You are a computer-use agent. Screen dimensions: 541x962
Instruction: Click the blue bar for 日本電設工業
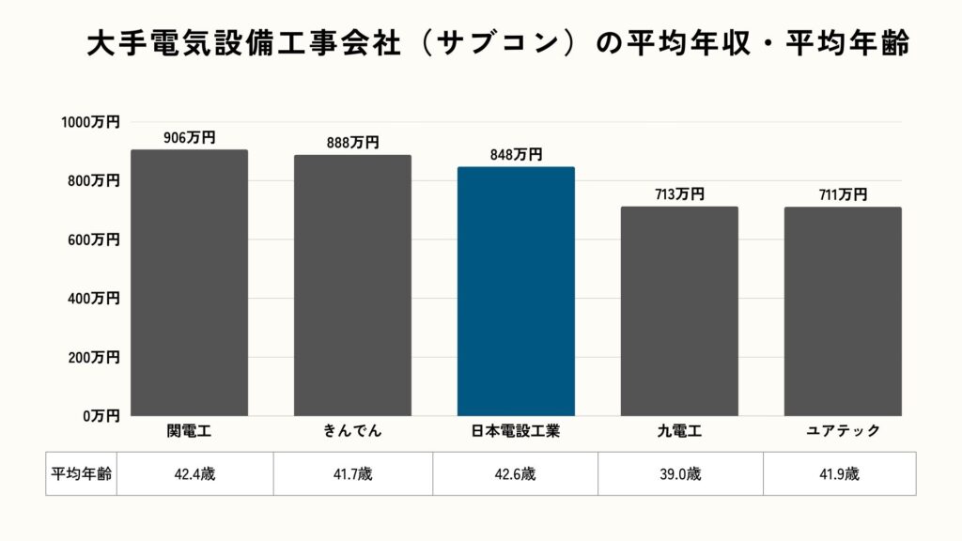click(x=516, y=291)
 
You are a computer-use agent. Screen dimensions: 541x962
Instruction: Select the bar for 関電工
click(x=189, y=282)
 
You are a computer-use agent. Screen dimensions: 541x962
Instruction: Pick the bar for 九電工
click(x=679, y=311)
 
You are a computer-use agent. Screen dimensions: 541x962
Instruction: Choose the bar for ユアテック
click(x=843, y=311)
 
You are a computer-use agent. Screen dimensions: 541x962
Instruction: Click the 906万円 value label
click(x=189, y=138)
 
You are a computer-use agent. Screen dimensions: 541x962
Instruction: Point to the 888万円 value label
click(x=352, y=143)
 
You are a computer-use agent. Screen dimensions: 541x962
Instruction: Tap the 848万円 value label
click(x=516, y=155)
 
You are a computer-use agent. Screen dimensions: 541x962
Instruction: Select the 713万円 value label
click(x=679, y=194)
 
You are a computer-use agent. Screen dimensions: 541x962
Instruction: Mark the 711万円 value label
click(x=843, y=194)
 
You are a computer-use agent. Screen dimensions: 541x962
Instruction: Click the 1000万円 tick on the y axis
click(x=90, y=122)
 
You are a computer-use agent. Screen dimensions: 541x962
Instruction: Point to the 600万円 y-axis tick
click(x=94, y=240)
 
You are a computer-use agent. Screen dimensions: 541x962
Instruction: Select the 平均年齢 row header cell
click(x=81, y=474)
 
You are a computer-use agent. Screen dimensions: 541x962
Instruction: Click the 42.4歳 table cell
click(x=194, y=474)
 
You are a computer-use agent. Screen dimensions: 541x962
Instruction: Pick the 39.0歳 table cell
click(x=680, y=474)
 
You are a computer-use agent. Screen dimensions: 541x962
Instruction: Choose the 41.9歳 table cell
click(x=839, y=474)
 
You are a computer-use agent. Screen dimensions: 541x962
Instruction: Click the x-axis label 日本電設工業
click(x=516, y=431)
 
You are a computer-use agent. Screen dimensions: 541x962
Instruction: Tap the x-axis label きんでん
click(x=352, y=431)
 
